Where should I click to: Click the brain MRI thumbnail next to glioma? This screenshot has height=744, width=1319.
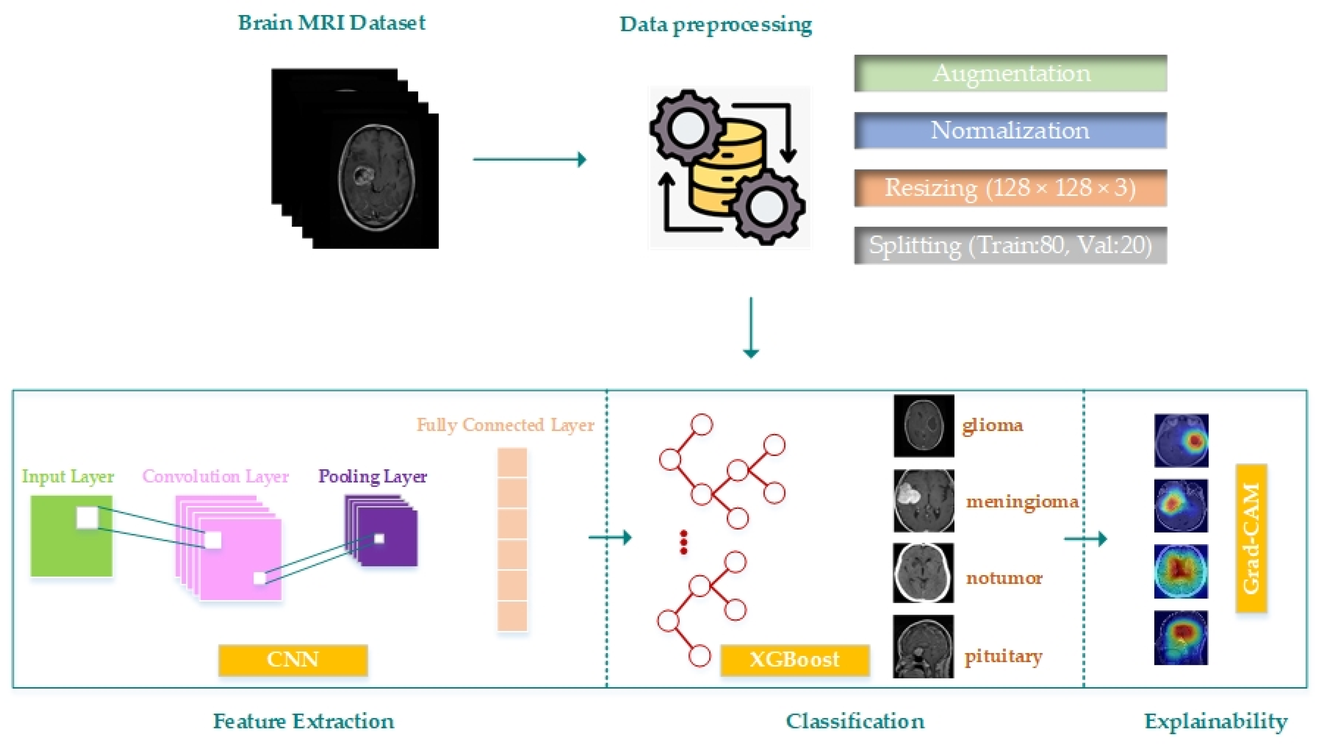tap(924, 426)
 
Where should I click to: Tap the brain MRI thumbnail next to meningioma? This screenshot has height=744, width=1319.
tap(924, 501)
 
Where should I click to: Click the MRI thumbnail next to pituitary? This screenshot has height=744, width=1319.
tap(923, 646)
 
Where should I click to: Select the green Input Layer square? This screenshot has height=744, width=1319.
tap(71, 536)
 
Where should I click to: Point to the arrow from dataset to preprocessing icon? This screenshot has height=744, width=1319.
tap(529, 159)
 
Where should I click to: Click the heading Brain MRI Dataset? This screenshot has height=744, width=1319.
tap(331, 23)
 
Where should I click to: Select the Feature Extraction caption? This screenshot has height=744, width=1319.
tap(303, 722)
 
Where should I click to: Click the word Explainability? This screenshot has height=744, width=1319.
tap(1216, 722)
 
